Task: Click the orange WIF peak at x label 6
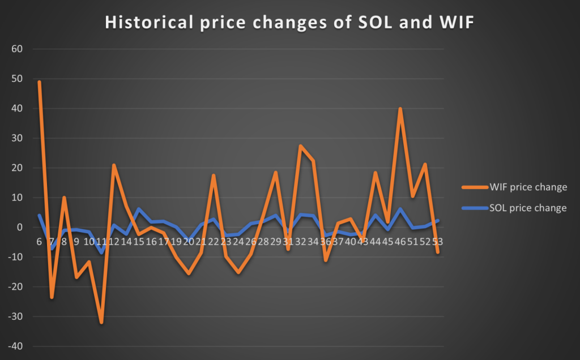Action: coord(39,82)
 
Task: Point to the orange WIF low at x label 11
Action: coord(101,322)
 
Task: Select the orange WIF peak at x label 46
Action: coord(400,109)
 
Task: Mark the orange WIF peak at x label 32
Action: coord(301,146)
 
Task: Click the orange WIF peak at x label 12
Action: coord(114,165)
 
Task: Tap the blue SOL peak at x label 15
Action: coord(139,209)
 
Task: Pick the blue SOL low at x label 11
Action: coord(101,252)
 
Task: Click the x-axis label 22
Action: coord(214,241)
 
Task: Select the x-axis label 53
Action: coord(437,241)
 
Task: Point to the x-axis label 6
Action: coord(39,241)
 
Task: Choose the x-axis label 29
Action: coord(276,241)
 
